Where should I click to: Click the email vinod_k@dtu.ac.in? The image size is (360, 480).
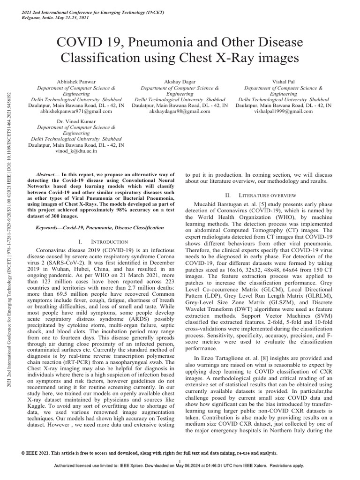pos(76,151)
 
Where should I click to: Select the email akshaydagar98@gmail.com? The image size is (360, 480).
pos(180,112)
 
